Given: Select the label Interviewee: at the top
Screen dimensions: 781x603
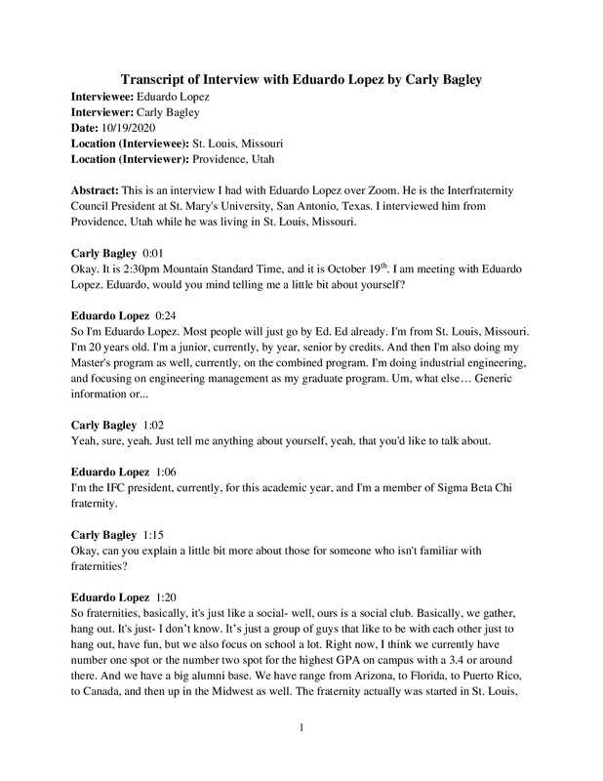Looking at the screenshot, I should pos(104,99).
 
